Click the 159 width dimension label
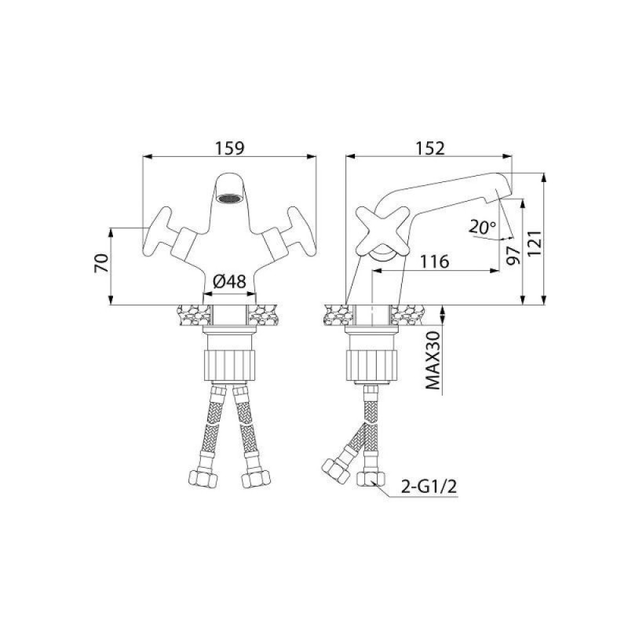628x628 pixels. pyautogui.click(x=229, y=148)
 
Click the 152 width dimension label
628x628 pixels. pyautogui.click(x=430, y=148)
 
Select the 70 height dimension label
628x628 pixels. pyautogui.click(x=101, y=263)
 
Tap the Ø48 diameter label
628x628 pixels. pyautogui.click(x=229, y=282)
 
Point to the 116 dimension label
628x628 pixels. pyautogui.click(x=435, y=261)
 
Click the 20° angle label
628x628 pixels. pyautogui.click(x=483, y=228)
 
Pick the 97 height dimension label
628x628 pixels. pyautogui.click(x=513, y=255)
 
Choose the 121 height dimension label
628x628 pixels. pyautogui.click(x=535, y=243)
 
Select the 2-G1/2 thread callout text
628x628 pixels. pyautogui.click(x=429, y=487)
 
